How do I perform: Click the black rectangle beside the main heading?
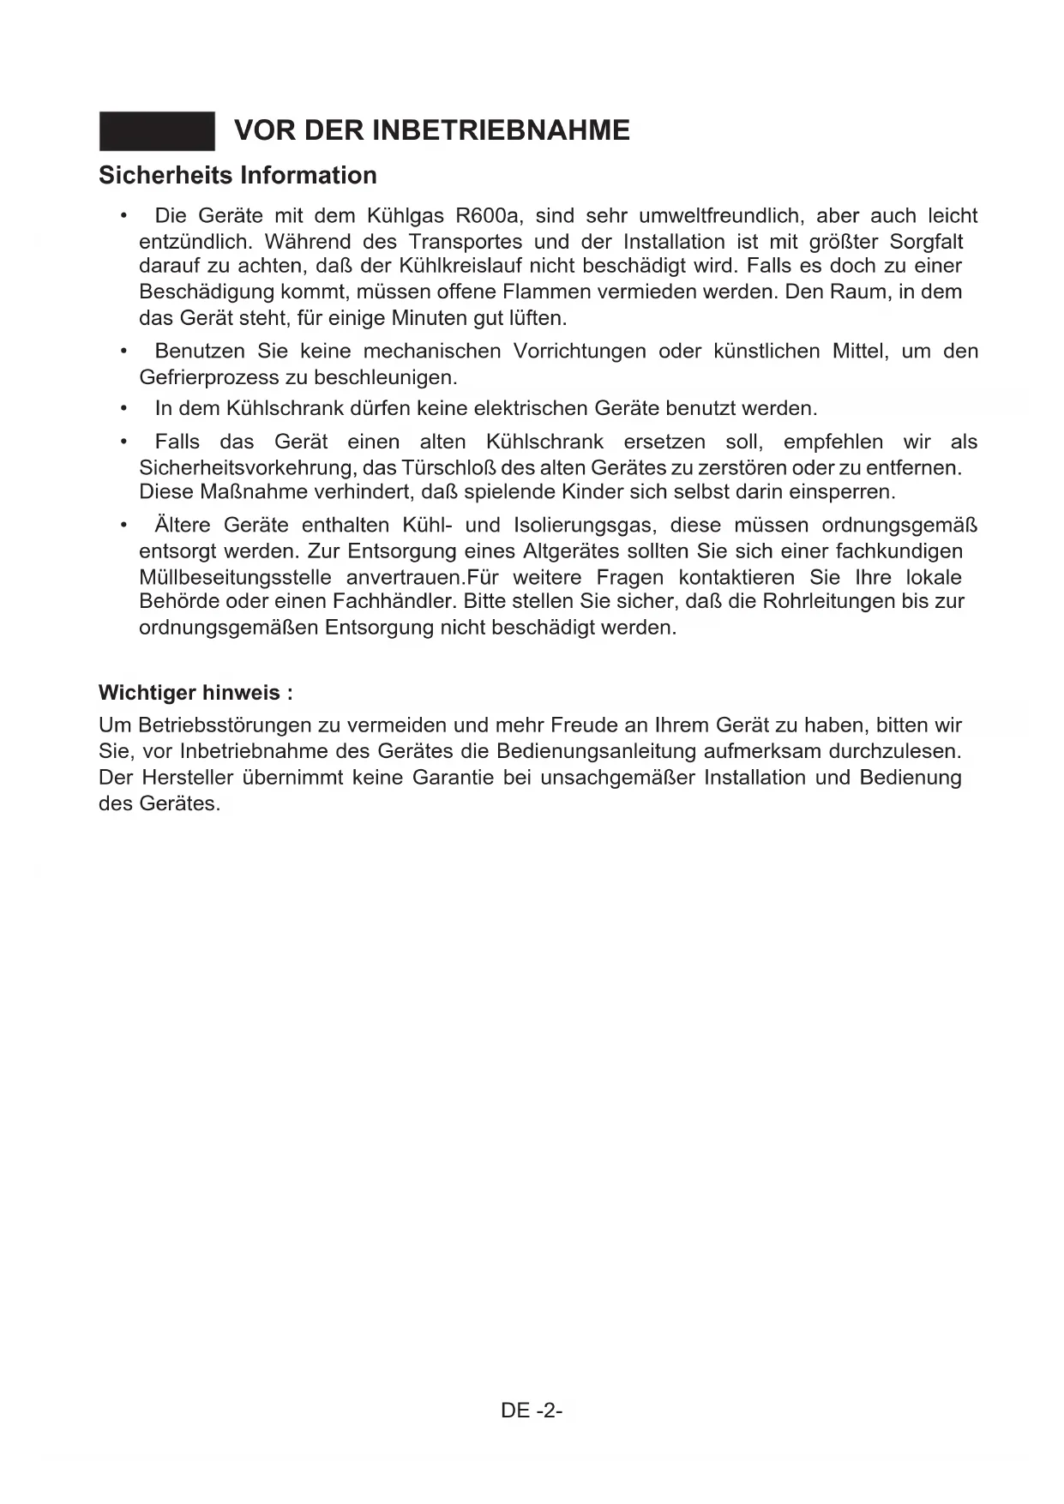point(157,131)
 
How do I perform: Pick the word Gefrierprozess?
point(209,377)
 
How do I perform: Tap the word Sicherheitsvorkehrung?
point(249,468)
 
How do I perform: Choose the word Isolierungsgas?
point(585,525)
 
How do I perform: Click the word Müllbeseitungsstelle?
point(235,577)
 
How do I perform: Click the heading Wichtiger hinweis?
point(195,692)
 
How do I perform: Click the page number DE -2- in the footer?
point(532,1411)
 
